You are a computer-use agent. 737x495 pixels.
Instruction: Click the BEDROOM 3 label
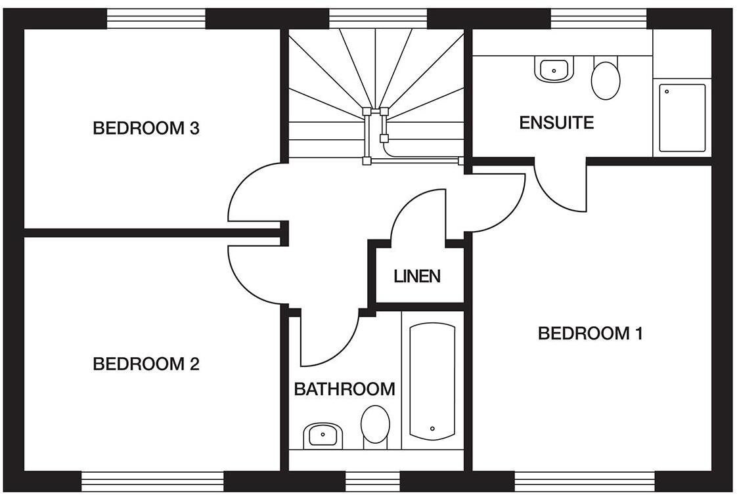tap(146, 128)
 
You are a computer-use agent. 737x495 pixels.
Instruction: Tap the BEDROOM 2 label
tap(146, 364)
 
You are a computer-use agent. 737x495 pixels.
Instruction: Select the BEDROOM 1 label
tap(590, 334)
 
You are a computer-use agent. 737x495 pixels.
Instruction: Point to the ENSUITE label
tap(556, 123)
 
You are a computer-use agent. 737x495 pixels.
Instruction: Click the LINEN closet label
tap(417, 276)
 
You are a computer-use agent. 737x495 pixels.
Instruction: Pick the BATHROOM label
tap(344, 389)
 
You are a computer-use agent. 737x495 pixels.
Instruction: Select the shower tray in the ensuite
tap(682, 118)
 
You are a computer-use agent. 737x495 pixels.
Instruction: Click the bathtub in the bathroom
tap(432, 381)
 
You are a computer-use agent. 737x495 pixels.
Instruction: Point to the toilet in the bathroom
tap(375, 425)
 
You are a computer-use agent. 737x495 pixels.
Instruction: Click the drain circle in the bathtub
tap(432, 429)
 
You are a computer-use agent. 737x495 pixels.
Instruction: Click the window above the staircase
tap(378, 18)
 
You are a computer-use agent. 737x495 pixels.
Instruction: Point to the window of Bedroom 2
tap(152, 481)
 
